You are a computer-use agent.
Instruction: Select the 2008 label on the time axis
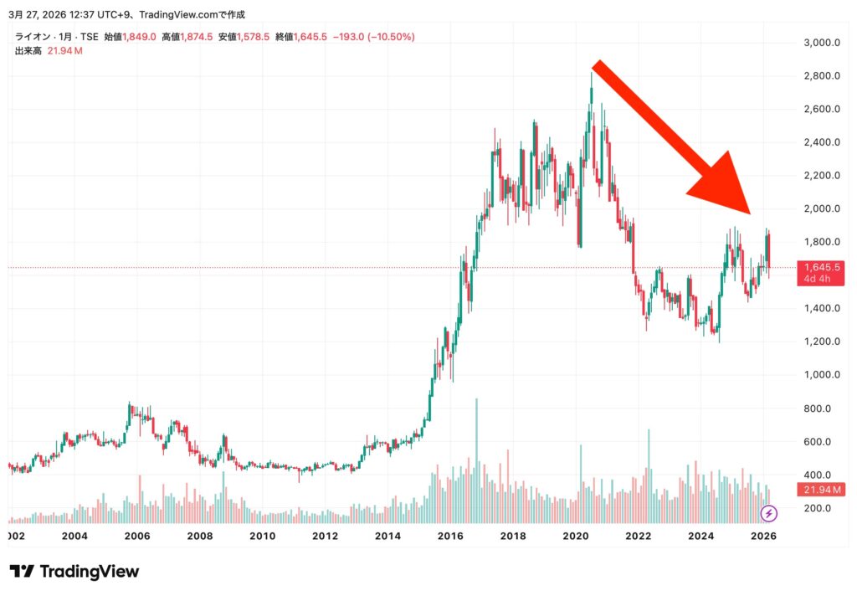pos(199,536)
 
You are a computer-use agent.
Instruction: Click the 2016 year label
pos(450,536)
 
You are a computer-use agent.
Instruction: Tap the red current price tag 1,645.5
pos(820,267)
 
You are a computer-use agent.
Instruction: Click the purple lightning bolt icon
pos(769,513)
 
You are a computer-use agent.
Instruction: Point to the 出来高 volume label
pos(28,51)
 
